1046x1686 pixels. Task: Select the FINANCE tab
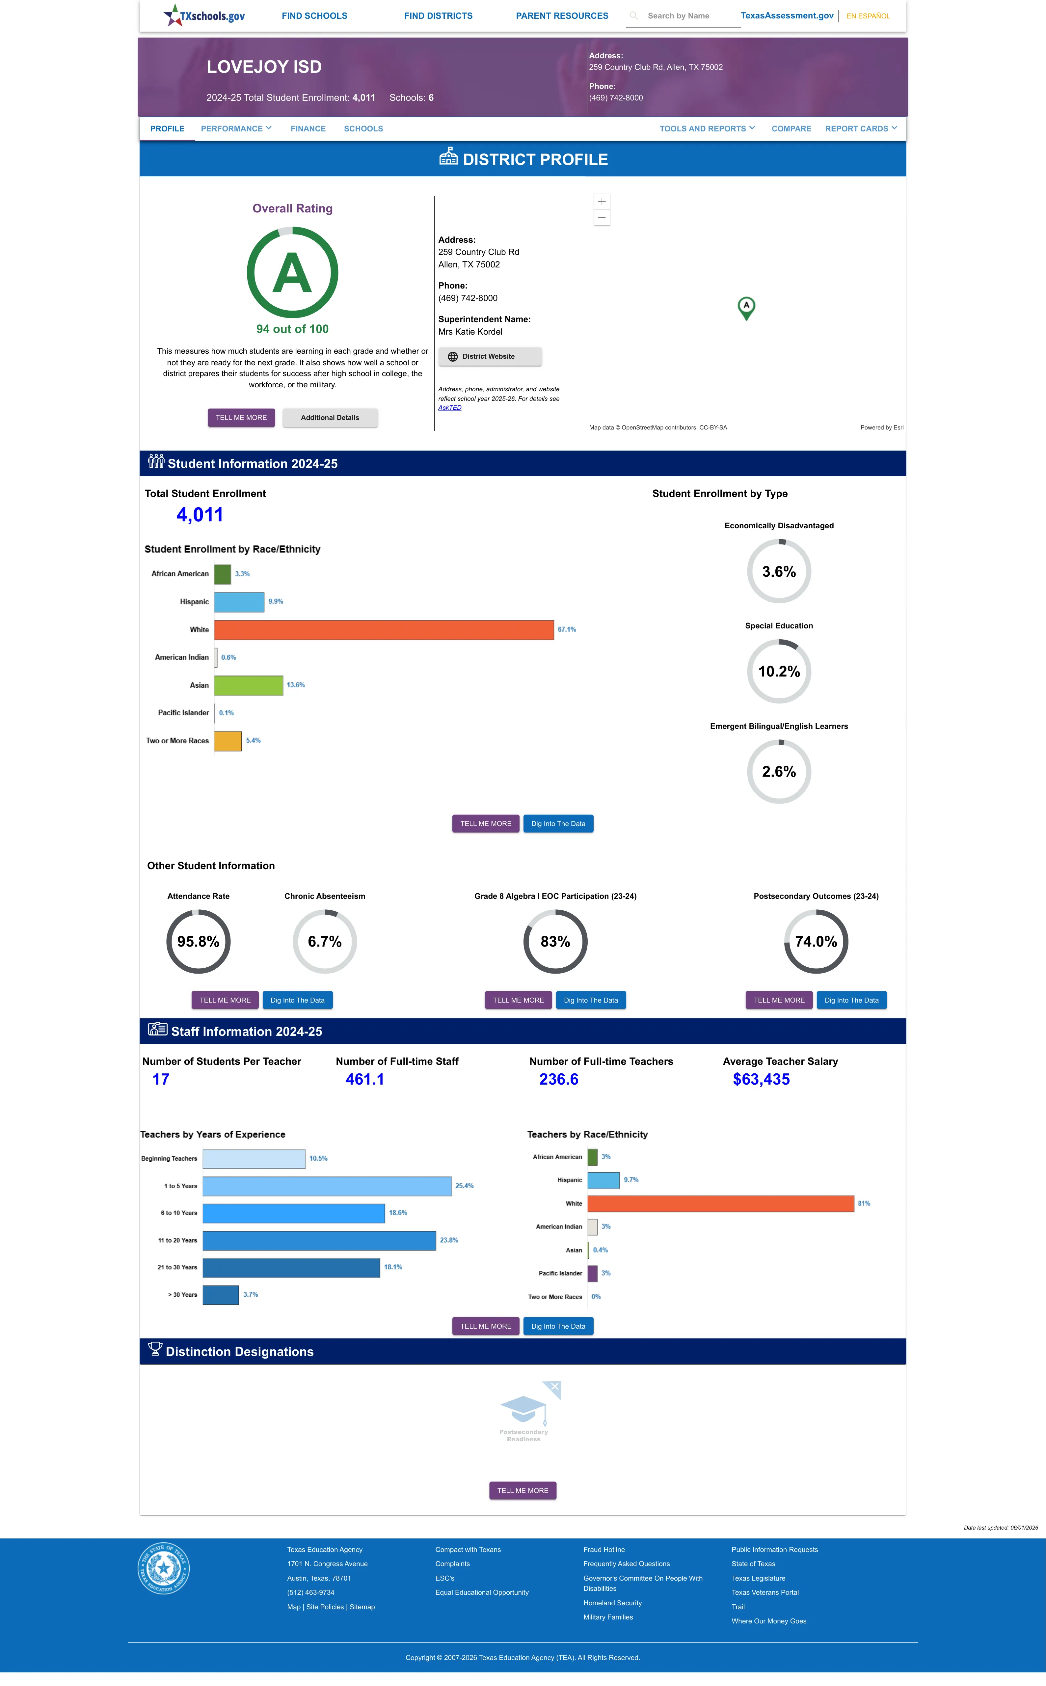pos(308,129)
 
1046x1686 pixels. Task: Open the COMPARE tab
pos(791,129)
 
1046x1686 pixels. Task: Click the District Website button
pos(490,356)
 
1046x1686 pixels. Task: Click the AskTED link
pos(450,407)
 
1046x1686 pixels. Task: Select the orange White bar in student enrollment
pos(384,629)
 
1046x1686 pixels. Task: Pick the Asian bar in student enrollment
pos(248,685)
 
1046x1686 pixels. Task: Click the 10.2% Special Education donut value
pos(779,671)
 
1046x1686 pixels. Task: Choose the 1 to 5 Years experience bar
pos(327,1186)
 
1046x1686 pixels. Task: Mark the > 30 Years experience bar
pos(221,1294)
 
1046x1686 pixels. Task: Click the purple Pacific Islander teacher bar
pos(592,1273)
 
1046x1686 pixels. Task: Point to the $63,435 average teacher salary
pos(761,1079)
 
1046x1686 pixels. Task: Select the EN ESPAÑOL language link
pos(868,16)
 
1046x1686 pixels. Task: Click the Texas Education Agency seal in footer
pos(163,1568)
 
